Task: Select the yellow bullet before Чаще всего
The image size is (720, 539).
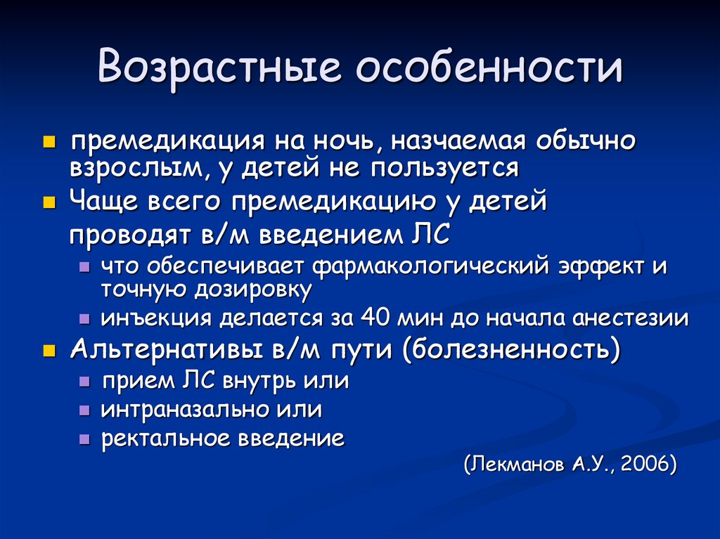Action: [x=49, y=203]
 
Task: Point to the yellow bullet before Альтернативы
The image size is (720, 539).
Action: [x=49, y=350]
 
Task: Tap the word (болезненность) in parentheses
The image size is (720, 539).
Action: [x=513, y=349]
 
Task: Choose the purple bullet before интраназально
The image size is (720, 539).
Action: [x=84, y=410]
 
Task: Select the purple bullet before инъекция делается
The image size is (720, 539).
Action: [x=84, y=319]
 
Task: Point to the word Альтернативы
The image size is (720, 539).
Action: [x=164, y=349]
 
